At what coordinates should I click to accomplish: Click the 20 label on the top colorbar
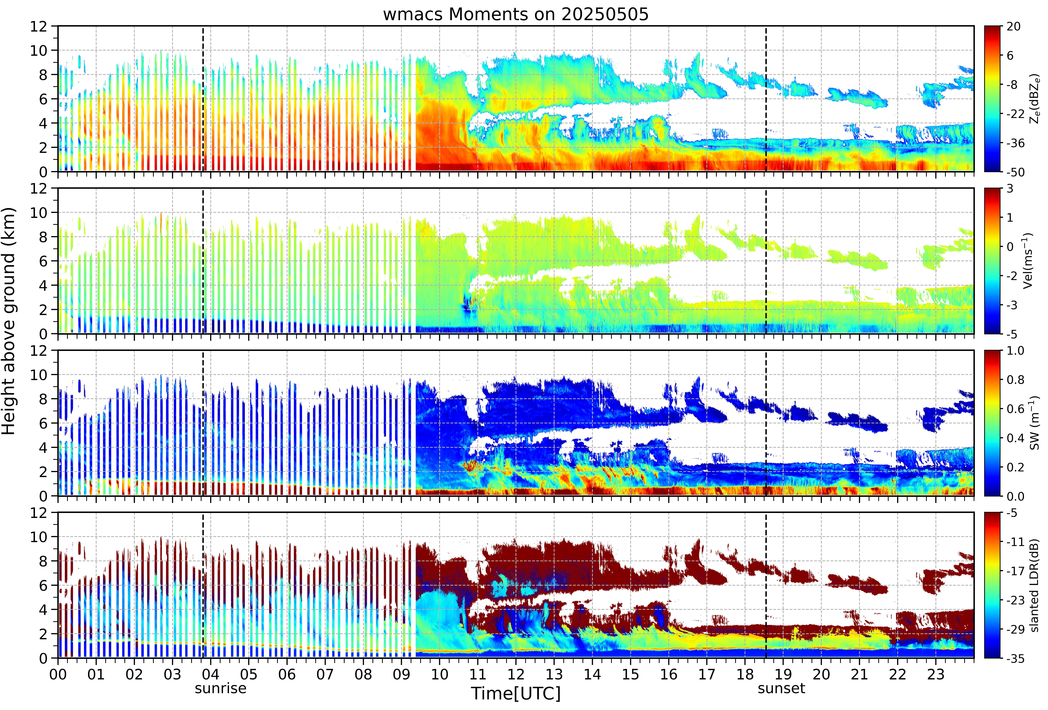(1014, 27)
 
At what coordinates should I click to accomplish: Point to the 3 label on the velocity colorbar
(1010, 189)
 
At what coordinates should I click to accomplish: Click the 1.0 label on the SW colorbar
(1016, 351)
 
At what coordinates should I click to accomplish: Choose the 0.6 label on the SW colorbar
(1016, 409)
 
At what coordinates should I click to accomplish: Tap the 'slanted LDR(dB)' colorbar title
(1035, 585)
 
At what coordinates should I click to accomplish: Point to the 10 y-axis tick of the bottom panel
(39, 537)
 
